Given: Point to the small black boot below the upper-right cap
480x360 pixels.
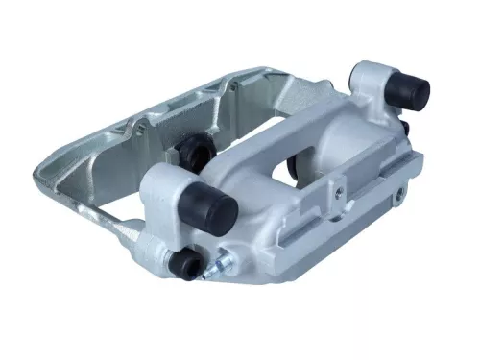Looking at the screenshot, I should coord(406,127).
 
